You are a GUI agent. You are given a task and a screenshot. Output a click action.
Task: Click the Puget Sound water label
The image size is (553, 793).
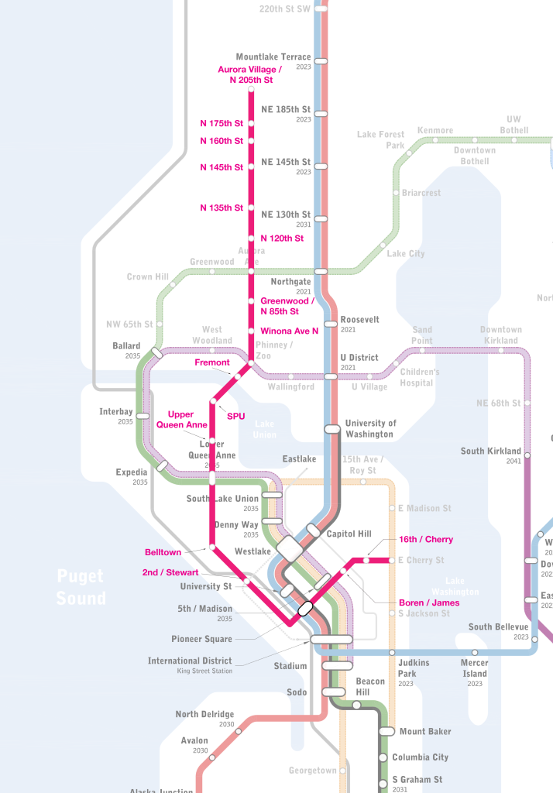(81, 587)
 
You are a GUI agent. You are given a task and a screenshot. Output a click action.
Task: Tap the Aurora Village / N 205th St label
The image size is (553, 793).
(246, 74)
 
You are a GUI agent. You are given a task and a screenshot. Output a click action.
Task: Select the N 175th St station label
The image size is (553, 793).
(222, 123)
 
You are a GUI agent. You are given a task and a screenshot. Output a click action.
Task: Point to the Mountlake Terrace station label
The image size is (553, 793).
(273, 57)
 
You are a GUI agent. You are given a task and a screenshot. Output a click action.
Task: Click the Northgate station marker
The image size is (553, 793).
(321, 271)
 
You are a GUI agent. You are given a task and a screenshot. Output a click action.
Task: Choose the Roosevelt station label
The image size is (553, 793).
(359, 319)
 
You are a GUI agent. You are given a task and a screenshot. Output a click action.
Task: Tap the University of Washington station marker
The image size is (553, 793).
(332, 428)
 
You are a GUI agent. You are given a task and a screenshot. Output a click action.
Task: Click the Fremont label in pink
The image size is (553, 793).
(211, 362)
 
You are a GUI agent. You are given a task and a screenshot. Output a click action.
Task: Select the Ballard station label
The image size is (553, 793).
(126, 346)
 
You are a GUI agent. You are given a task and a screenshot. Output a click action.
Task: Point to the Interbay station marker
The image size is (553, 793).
(143, 416)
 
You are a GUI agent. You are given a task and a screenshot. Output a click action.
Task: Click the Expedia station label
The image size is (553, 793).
(131, 472)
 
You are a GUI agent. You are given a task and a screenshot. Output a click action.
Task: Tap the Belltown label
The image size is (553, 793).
(163, 552)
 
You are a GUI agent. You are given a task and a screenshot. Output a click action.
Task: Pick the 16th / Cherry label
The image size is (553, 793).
(426, 539)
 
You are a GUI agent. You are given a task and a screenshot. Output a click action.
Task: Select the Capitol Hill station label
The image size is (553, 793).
(349, 534)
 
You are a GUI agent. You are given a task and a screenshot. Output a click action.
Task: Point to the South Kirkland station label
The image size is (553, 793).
(491, 451)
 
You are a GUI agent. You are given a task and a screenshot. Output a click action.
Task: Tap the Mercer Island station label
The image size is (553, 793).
(475, 668)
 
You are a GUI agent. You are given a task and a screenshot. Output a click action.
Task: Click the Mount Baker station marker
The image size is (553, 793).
(386, 731)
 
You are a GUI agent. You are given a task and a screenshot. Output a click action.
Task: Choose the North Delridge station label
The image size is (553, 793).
(204, 715)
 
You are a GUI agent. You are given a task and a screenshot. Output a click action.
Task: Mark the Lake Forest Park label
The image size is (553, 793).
(380, 139)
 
